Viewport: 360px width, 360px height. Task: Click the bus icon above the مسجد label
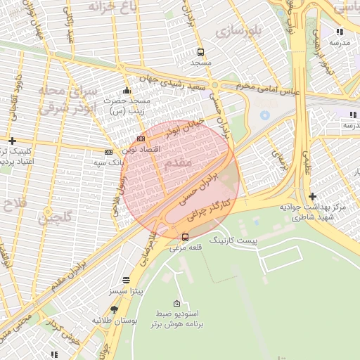[x=201, y=52]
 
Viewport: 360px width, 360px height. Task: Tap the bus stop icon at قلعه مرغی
[x=185, y=237]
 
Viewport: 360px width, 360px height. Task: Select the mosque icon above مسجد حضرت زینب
[x=126, y=90]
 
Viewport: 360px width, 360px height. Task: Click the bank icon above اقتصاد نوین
[x=141, y=139]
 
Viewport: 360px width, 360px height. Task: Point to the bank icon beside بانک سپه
[x=108, y=152]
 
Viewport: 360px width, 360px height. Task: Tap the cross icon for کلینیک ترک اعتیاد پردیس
[x=12, y=141]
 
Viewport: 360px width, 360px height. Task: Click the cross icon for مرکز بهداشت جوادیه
[x=312, y=196]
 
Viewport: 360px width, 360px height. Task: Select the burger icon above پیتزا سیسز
[x=125, y=279]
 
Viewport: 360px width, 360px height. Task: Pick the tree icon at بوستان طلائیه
[x=115, y=309]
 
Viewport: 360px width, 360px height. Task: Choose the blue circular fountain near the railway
[x=265, y=115]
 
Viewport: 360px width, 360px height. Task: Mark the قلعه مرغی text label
[x=185, y=247]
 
